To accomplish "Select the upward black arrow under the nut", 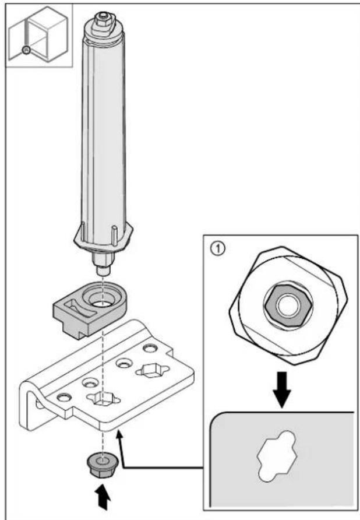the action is (104, 497).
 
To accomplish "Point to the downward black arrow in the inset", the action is (282, 389).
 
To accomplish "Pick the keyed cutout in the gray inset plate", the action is (277, 456).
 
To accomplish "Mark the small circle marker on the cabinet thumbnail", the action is (26, 50).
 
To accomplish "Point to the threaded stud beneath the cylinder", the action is (104, 263).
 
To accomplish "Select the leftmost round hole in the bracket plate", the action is (63, 396).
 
